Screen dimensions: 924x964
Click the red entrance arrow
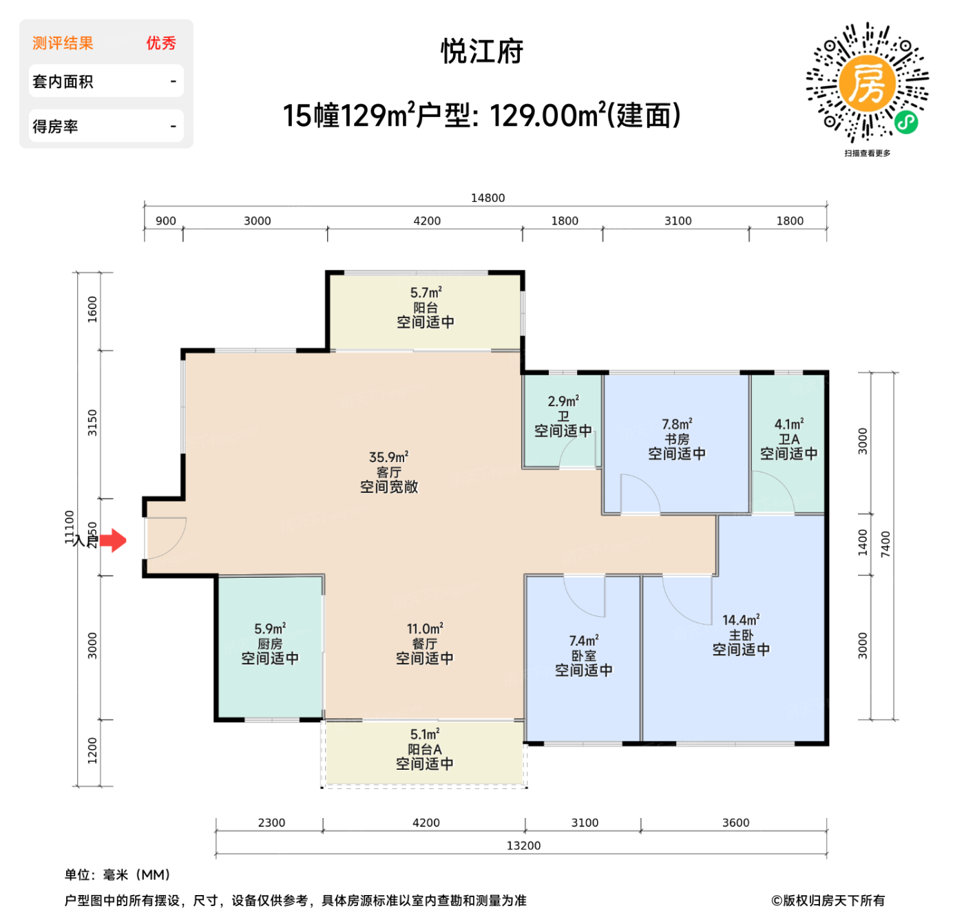tap(114, 541)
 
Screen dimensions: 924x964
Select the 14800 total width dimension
tap(488, 198)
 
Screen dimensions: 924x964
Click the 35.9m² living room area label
tap(388, 457)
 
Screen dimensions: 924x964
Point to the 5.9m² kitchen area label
tap(270, 629)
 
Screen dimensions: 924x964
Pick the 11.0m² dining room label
tap(425, 629)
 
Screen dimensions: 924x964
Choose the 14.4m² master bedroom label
tap(741, 620)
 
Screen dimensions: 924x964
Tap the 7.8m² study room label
tap(677, 424)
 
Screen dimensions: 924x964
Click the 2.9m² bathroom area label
tap(563, 401)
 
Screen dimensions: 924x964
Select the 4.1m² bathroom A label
tap(789, 424)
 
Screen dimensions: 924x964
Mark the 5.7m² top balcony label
tap(426, 293)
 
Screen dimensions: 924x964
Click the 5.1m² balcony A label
tap(425, 735)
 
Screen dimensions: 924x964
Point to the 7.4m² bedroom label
tap(584, 641)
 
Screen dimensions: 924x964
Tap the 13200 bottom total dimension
tap(523, 846)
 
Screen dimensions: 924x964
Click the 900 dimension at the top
tap(165, 221)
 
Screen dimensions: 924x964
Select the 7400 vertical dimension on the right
tap(886, 545)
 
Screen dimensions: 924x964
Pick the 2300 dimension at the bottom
tap(271, 823)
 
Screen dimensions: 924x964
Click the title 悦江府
tap(482, 52)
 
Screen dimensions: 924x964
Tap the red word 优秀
tap(161, 43)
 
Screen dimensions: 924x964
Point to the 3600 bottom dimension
tap(735, 823)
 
